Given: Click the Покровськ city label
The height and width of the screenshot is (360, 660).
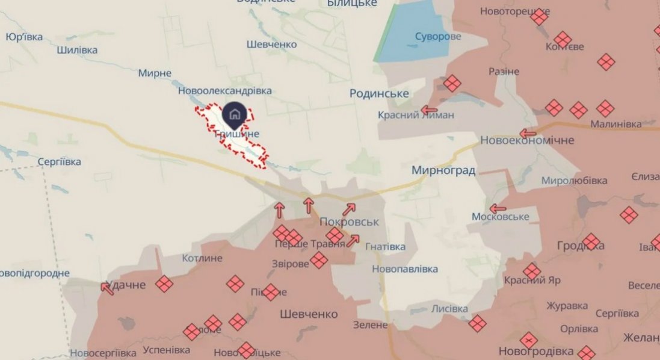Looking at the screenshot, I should (x=350, y=222).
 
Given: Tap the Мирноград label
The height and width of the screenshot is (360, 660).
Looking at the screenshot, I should (x=443, y=170).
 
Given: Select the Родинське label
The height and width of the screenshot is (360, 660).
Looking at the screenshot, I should (x=379, y=93).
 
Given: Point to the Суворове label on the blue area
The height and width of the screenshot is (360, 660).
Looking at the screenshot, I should (x=438, y=37).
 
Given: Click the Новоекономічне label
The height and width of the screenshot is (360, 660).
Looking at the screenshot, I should (x=527, y=140).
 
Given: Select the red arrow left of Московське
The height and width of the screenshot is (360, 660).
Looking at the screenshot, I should (x=497, y=209).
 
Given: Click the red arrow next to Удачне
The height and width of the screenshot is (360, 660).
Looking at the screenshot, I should (x=108, y=288).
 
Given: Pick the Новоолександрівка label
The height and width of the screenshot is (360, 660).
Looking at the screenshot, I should (x=224, y=90).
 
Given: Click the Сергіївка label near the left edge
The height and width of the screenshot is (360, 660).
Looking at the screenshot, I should (x=59, y=162).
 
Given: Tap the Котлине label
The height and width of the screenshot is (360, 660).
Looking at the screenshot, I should (x=202, y=258).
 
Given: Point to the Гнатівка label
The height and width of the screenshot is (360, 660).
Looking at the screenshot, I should (x=385, y=247).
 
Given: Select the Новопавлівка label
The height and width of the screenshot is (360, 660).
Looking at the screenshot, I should (x=405, y=269).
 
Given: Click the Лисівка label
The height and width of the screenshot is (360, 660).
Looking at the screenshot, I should (x=449, y=309).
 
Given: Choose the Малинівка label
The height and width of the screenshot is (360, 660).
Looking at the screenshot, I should (x=615, y=125).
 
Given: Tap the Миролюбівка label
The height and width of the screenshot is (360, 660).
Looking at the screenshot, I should (x=574, y=181).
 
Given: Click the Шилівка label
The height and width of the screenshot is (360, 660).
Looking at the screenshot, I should (x=77, y=50).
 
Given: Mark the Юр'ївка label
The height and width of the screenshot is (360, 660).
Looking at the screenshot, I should (x=24, y=37).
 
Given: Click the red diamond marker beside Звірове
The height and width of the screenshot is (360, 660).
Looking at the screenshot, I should (x=319, y=261).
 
